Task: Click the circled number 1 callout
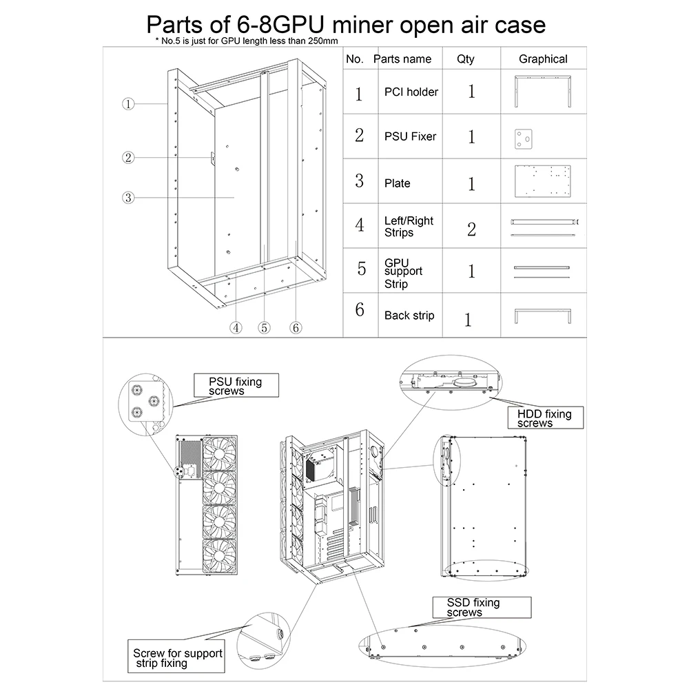(x=128, y=104)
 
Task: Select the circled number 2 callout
(x=128, y=157)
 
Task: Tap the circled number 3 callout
(x=128, y=198)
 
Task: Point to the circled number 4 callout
(x=236, y=328)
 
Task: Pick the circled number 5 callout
(x=265, y=328)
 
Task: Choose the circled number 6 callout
(x=295, y=328)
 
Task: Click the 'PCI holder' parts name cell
(x=411, y=92)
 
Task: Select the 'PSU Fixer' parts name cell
(x=410, y=136)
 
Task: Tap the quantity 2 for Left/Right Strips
(x=471, y=229)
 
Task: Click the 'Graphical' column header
(x=543, y=59)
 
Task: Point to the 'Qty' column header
(x=466, y=59)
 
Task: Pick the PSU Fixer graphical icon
(x=524, y=138)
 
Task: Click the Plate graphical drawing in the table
(x=544, y=181)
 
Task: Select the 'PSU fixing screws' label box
(x=236, y=386)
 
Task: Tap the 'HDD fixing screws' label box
(x=544, y=418)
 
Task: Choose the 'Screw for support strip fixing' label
(x=178, y=657)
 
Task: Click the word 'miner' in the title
(x=371, y=25)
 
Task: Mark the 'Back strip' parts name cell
(x=409, y=316)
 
